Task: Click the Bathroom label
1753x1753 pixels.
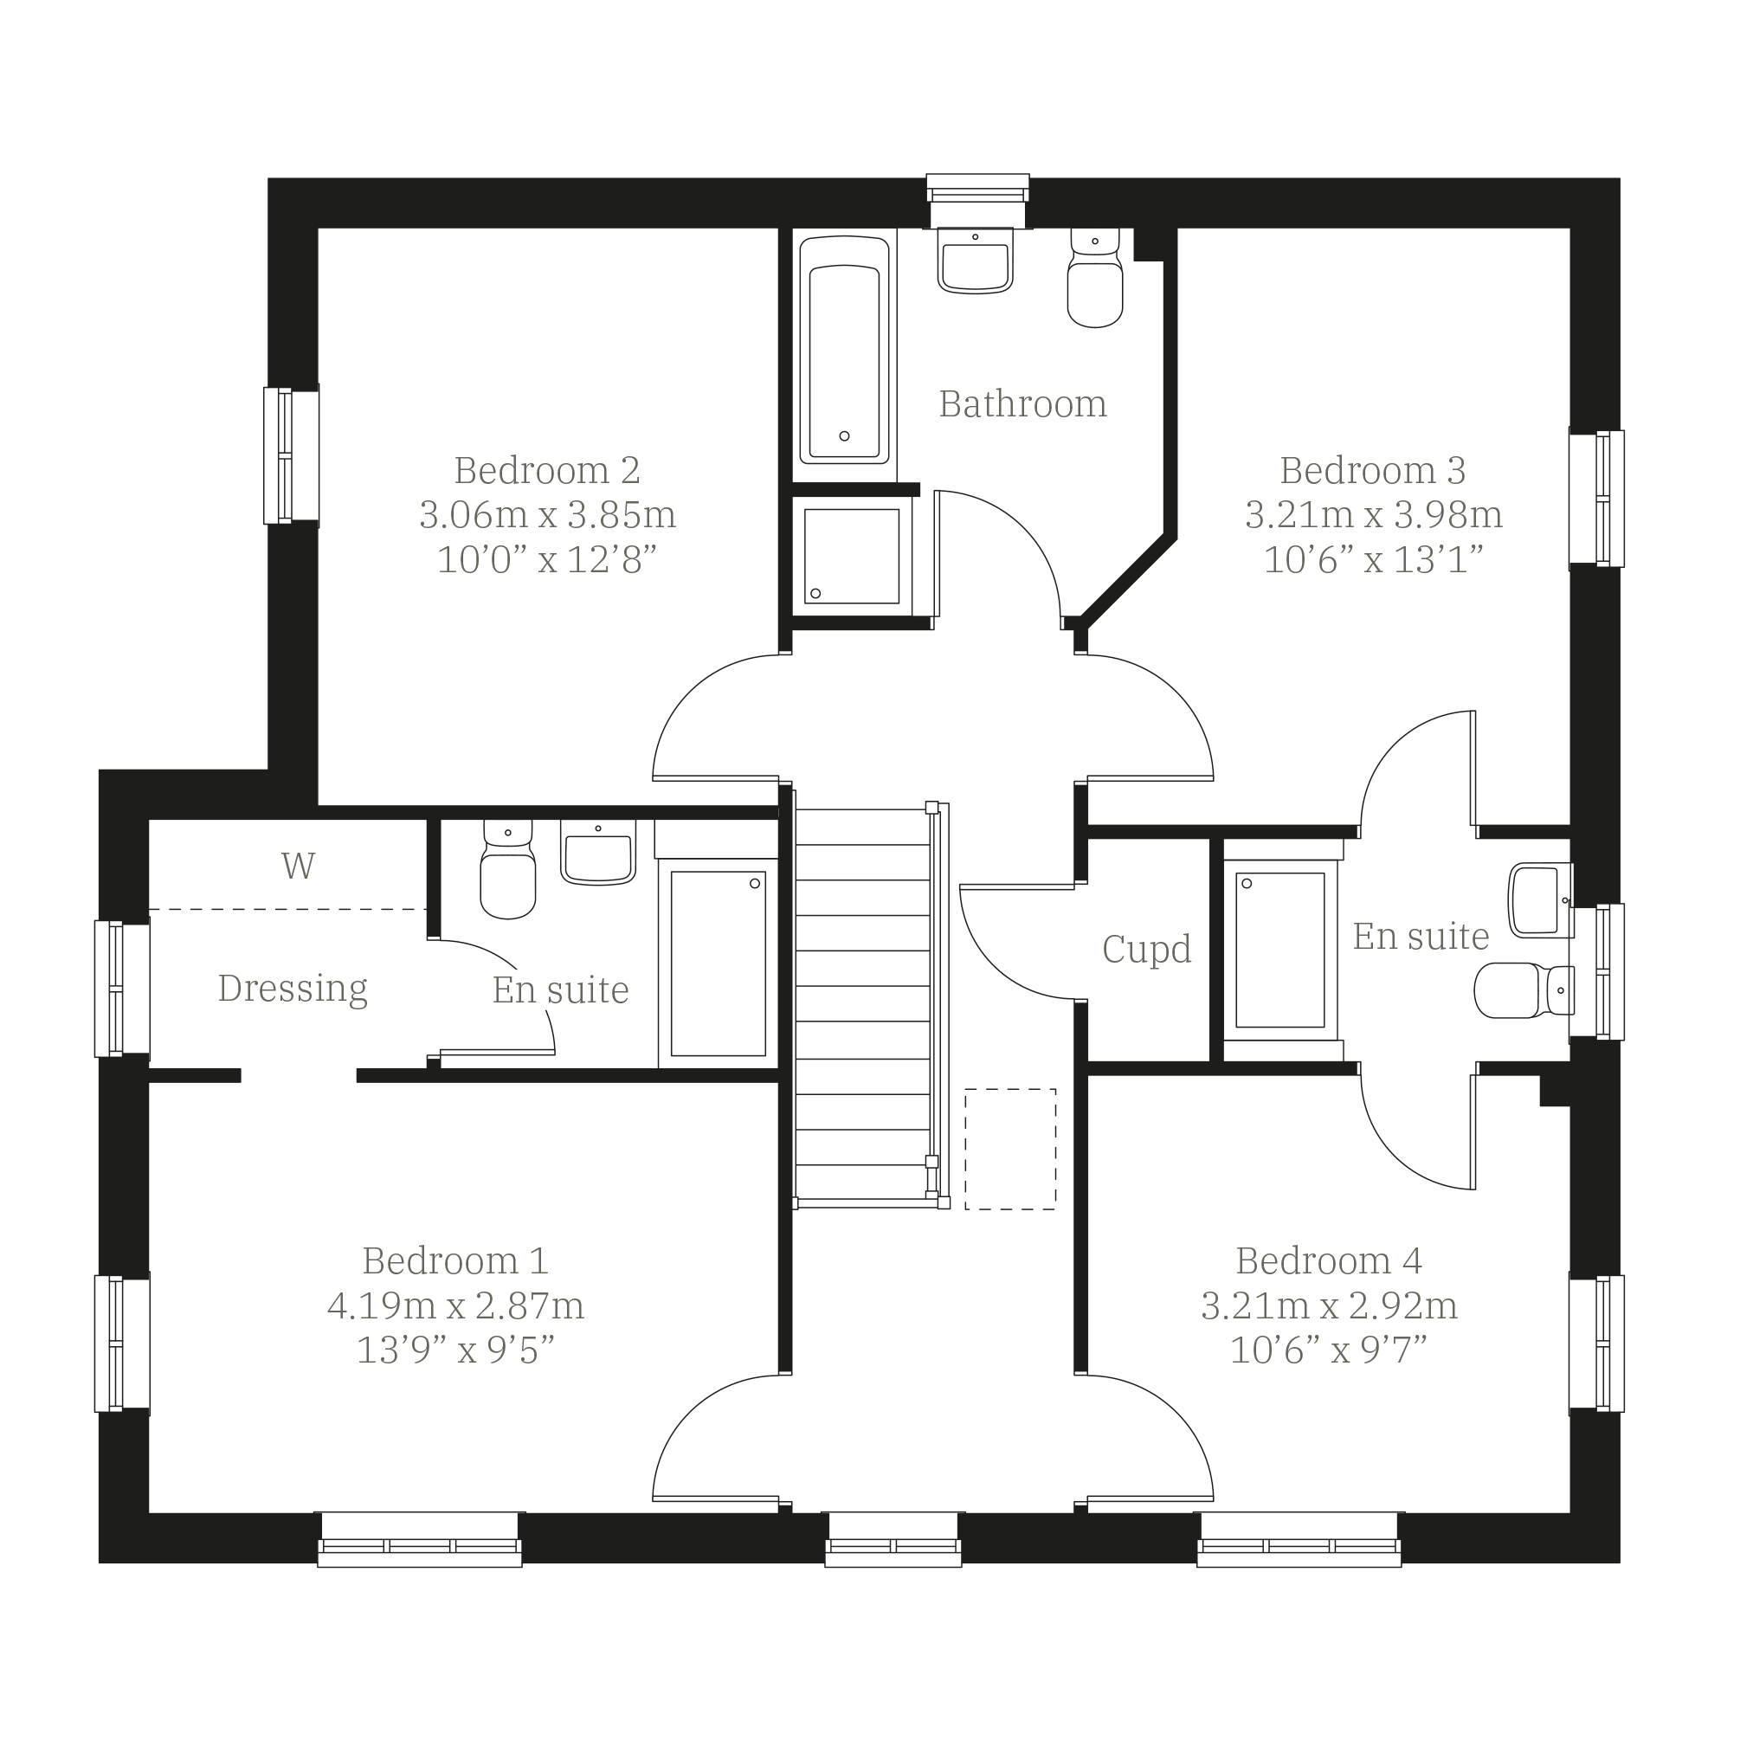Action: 1022,403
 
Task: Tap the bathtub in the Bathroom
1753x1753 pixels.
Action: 844,351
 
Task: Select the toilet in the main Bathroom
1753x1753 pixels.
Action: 1095,277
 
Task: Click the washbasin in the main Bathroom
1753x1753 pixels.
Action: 976,261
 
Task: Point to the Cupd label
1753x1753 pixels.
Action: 1146,949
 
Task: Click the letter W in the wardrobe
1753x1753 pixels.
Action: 299,866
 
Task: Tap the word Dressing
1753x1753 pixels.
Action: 293,988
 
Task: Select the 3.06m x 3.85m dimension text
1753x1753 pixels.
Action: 547,514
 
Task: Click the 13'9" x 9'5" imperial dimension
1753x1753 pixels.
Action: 455,1350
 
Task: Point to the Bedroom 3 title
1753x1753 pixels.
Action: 1373,470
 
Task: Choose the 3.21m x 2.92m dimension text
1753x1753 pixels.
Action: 1330,1305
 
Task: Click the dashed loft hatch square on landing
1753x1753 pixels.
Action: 1010,1149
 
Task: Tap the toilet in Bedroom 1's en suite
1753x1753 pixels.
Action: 508,869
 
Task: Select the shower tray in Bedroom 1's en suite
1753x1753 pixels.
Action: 718,964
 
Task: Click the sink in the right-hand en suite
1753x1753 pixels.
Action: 1540,900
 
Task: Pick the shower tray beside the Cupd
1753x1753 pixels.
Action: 1280,949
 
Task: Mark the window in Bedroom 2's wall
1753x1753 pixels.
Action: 291,455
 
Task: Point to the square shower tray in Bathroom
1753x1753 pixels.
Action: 851,555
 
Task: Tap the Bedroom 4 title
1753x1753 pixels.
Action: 1330,1261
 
